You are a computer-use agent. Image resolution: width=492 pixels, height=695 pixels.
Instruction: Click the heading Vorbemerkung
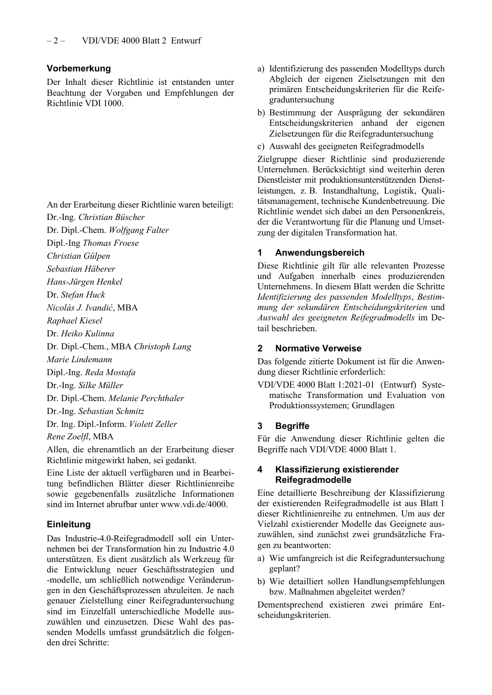tap(79, 68)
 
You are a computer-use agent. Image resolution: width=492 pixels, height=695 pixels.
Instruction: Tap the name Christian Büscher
tap(111, 217)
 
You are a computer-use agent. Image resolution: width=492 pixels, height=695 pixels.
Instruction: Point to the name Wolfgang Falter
tap(138, 230)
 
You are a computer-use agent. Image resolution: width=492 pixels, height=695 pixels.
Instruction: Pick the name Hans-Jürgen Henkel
tap(84, 282)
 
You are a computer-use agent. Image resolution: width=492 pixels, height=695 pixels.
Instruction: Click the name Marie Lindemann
tap(79, 360)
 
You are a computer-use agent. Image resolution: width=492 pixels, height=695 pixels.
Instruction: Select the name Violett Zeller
tap(153, 424)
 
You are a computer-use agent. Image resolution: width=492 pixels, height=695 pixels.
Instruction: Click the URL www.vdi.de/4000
tap(193, 504)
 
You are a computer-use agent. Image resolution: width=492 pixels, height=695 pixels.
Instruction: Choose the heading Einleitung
tap(68, 524)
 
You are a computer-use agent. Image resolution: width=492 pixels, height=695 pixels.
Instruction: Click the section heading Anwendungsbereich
tap(320, 253)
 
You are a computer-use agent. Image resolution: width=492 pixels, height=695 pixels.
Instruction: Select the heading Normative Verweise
tap(318, 348)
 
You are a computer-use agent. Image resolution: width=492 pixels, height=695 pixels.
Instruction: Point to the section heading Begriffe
tap(292, 426)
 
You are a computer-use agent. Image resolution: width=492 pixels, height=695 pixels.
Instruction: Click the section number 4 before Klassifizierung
tap(260, 469)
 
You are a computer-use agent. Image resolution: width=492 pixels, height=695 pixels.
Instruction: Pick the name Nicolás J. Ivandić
tap(80, 308)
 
